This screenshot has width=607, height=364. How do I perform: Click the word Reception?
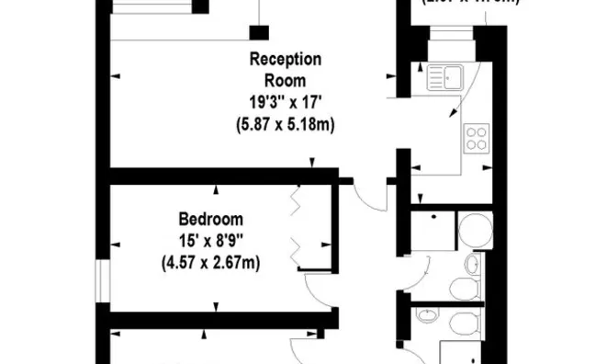(286, 59)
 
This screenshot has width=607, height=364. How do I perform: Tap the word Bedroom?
(210, 219)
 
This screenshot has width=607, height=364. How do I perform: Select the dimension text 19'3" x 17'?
(286, 102)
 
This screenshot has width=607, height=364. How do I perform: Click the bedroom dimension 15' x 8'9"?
(210, 241)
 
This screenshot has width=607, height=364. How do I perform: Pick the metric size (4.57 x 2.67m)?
(210, 263)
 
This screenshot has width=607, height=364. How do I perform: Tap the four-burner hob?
(477, 139)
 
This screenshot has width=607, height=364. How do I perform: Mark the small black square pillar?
(260, 33)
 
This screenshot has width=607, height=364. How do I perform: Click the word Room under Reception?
(286, 81)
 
